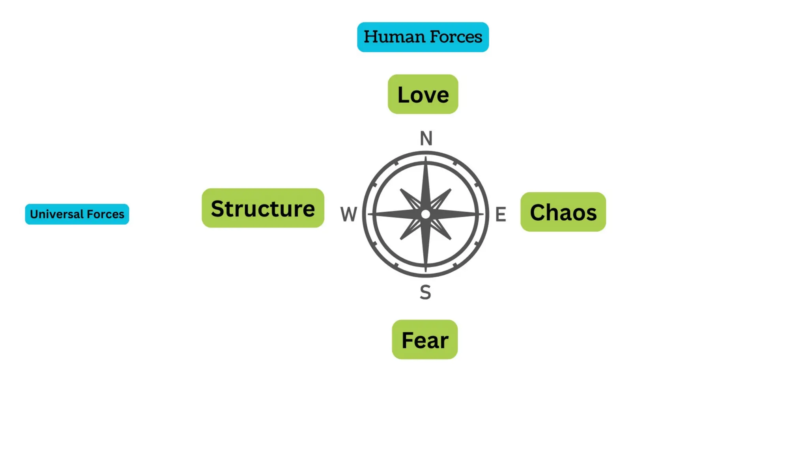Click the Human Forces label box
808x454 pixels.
pos(423,37)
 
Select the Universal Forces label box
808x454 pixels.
pos(77,214)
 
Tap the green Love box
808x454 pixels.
pos(423,94)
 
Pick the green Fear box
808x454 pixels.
pos(425,339)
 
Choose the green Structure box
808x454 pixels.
pos(263,208)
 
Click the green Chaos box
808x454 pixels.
pos(563,212)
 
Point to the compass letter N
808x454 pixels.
pos(426,138)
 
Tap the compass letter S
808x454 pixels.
pos(425,292)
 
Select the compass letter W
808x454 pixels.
pos(349,214)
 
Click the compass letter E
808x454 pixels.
pos(501,214)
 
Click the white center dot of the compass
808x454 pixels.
pos(425,214)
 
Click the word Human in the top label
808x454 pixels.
pos(394,37)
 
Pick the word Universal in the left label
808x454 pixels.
pos(56,214)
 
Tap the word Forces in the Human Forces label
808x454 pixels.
pos(456,37)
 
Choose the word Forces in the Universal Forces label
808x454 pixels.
pos(105,214)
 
